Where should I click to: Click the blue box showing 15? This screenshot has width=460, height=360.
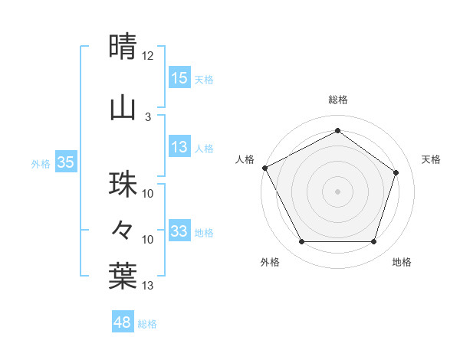tap(179, 77)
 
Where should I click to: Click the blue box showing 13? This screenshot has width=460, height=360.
tap(179, 147)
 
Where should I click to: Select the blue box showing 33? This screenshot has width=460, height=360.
tap(179, 231)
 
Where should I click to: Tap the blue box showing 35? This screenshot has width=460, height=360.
tap(65, 162)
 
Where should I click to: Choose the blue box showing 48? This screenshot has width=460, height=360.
tap(123, 322)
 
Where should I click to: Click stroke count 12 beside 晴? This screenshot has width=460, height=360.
tap(148, 56)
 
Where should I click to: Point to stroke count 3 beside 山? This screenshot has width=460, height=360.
tap(148, 116)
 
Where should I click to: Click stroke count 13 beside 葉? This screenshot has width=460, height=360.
tap(148, 286)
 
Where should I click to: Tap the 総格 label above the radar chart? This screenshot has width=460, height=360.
tap(337, 100)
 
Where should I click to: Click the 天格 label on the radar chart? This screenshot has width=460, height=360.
tap(432, 159)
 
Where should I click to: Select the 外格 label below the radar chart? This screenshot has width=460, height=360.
tap(270, 263)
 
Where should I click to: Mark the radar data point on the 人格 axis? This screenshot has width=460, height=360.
tap(264, 168)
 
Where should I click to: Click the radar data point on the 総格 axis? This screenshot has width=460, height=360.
tap(337, 131)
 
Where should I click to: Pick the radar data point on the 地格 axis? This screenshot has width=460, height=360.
tap(373, 242)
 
